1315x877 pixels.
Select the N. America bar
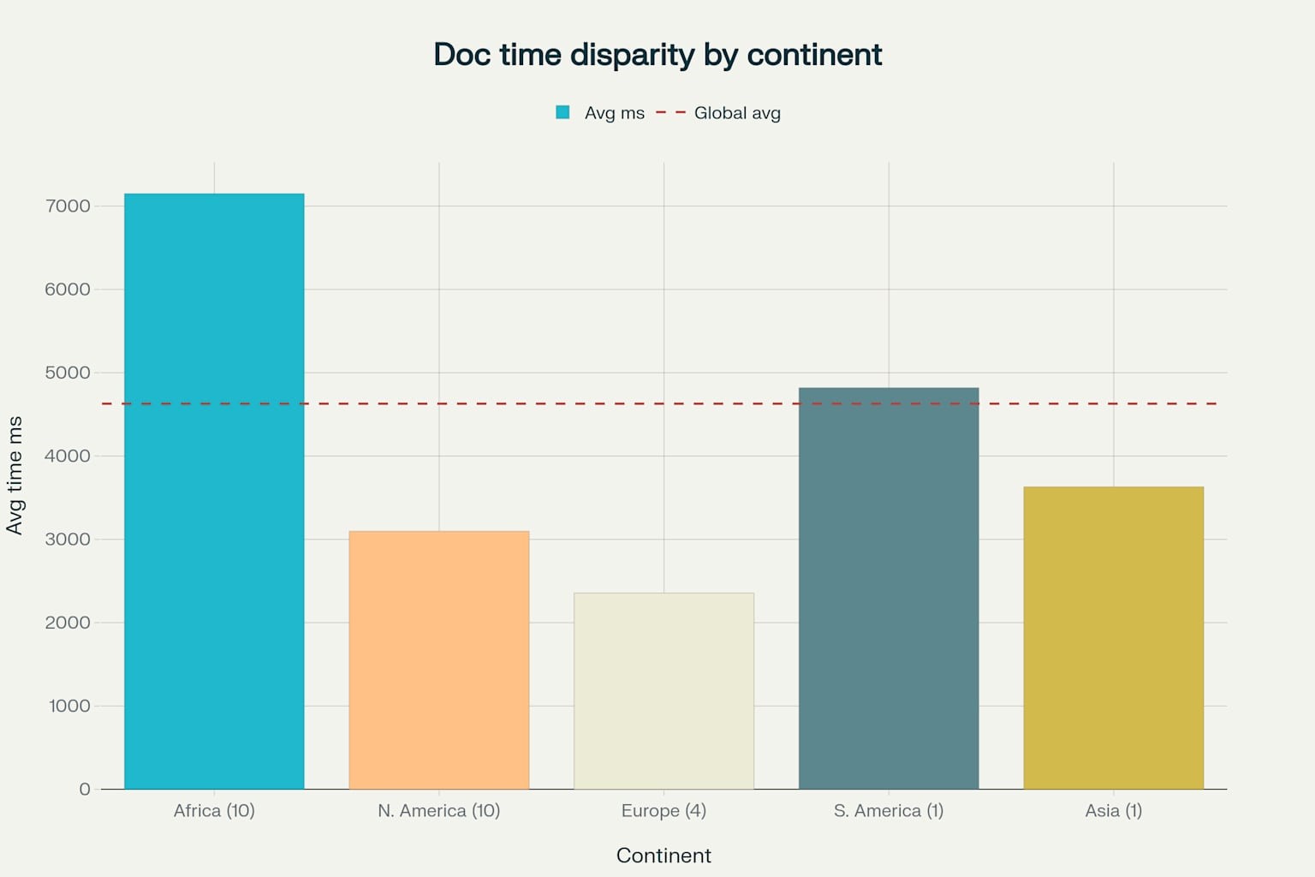[439, 659]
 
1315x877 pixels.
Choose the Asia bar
[1113, 637]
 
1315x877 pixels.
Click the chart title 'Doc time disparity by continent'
[657, 55]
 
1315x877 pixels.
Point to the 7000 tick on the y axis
[68, 206]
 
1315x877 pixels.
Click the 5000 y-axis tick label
[68, 373]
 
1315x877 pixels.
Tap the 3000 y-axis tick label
[68, 540]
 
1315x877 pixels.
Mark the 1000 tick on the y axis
[69, 706]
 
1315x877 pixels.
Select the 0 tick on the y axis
[84, 789]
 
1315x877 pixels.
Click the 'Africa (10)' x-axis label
[214, 810]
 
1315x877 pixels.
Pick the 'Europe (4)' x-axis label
[663, 810]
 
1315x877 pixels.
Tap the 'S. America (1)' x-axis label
[889, 810]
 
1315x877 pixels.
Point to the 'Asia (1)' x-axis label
[1113, 810]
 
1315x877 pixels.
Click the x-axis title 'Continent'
[663, 856]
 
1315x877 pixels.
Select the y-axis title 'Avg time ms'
[15, 475]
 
